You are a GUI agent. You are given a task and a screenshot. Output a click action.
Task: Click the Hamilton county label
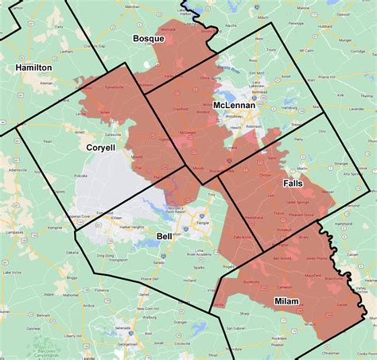click(33, 68)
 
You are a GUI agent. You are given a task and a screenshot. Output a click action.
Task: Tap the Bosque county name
click(148, 39)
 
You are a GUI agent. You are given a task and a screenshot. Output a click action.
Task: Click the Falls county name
click(293, 183)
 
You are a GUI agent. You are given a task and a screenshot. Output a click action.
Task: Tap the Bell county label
click(164, 236)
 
